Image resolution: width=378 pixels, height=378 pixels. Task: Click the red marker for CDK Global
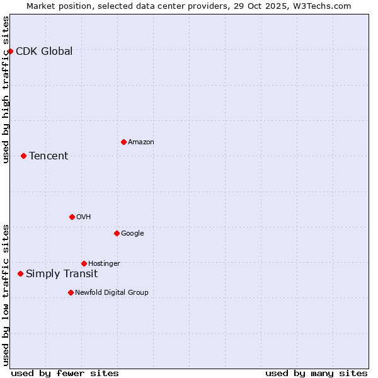click(x=10, y=51)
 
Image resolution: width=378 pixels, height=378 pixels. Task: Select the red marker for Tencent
click(x=23, y=156)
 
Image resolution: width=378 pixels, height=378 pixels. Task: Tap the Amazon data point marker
click(x=123, y=142)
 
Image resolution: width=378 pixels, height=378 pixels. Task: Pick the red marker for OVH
click(x=72, y=217)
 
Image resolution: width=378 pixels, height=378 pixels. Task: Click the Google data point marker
click(x=117, y=233)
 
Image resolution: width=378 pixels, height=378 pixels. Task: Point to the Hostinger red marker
click(x=84, y=263)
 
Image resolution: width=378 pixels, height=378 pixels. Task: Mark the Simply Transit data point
click(x=20, y=273)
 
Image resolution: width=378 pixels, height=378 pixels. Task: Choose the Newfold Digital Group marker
click(x=71, y=292)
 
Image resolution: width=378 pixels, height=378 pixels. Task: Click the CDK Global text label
click(x=44, y=52)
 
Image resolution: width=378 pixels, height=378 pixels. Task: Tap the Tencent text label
click(x=49, y=156)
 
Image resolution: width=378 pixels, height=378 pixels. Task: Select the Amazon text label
click(x=141, y=142)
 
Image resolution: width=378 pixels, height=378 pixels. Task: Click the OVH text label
click(x=84, y=217)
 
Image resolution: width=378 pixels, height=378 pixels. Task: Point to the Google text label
click(x=132, y=234)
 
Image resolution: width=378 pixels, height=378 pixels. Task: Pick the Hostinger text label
click(x=104, y=264)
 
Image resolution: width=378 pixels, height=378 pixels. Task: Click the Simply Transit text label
click(x=62, y=274)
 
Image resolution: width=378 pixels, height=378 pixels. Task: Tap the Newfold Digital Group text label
click(x=112, y=293)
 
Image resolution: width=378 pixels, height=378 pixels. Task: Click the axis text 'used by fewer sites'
click(x=65, y=373)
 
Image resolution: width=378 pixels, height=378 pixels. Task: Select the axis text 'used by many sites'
click(x=316, y=373)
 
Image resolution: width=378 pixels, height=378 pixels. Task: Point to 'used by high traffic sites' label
click(x=6, y=89)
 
